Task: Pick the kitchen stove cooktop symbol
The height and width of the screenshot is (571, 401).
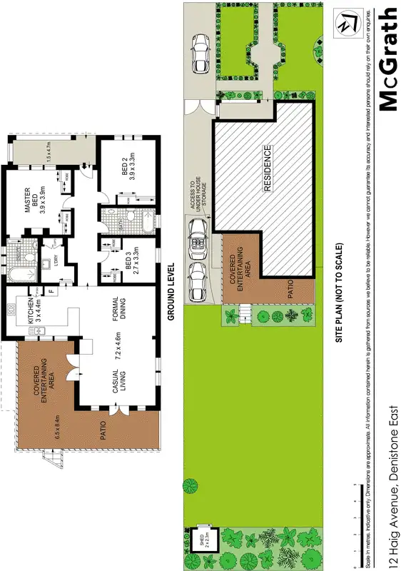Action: [x=11, y=309]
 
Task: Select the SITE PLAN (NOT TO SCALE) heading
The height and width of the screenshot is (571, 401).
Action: [x=340, y=293]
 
